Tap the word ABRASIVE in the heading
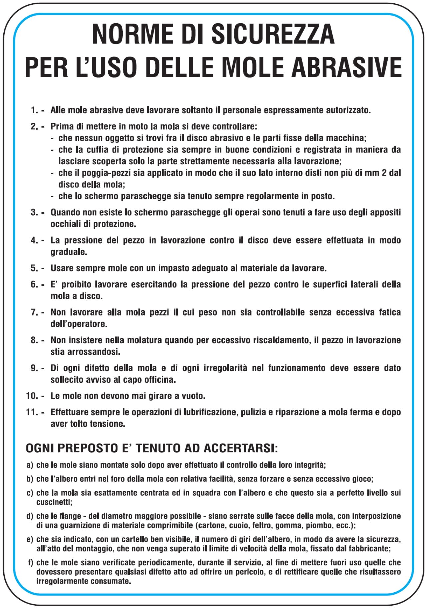346,67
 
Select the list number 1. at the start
34,110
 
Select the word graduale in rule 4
68,252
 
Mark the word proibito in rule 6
77,284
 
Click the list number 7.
34,312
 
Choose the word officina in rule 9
159,380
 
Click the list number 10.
32,396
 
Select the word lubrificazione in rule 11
213,412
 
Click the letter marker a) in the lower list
30,465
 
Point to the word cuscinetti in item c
54,502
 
